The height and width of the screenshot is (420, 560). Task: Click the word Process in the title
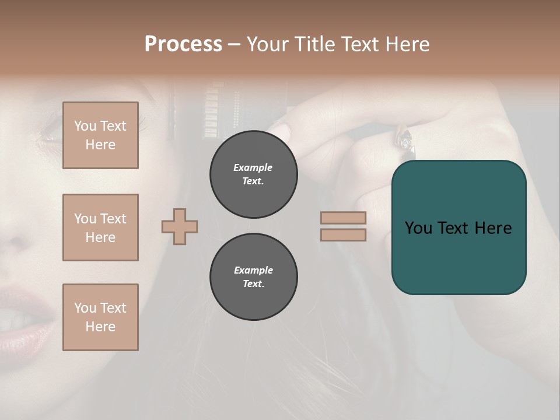click(x=183, y=44)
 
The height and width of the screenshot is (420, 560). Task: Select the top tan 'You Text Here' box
click(x=100, y=135)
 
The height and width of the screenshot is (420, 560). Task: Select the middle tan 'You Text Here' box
click(x=100, y=228)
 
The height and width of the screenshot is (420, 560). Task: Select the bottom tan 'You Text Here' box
click(x=100, y=317)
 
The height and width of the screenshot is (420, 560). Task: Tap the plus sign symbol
click(x=180, y=226)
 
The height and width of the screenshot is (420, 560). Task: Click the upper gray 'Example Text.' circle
click(x=253, y=174)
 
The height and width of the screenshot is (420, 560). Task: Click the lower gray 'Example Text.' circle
click(x=253, y=277)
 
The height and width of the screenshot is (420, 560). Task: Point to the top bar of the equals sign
click(x=343, y=218)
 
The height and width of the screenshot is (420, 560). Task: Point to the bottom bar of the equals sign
click(x=343, y=235)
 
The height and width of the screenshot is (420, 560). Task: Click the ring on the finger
click(x=405, y=140)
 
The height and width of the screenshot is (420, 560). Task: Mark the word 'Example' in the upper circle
click(x=253, y=167)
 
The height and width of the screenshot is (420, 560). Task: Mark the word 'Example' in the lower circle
click(x=253, y=270)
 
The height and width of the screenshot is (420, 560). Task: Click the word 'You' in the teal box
click(x=418, y=228)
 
